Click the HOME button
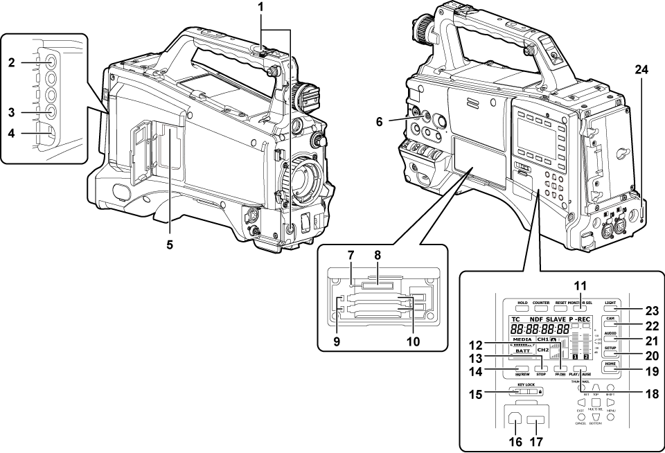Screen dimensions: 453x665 [610, 368]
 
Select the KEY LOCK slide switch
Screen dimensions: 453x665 [526, 392]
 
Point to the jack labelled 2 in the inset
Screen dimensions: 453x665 [53, 62]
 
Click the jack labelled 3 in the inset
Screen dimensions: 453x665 [53, 110]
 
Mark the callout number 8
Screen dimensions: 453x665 [378, 255]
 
